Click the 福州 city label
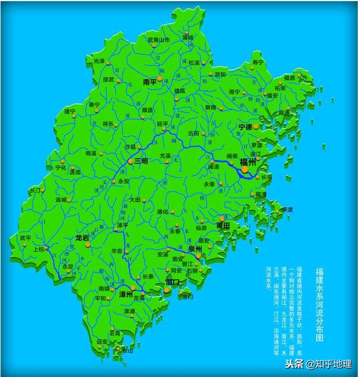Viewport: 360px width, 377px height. pos(247,162)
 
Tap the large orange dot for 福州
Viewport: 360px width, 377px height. pos(245,169)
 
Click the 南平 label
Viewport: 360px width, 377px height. pos(150,82)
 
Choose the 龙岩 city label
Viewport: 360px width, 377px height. pos(83,238)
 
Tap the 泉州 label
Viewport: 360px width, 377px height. pos(195,249)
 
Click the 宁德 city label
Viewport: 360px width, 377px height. pos(245,127)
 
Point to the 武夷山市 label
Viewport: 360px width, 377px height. pos(158,41)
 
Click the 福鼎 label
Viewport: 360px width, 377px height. pos(289,78)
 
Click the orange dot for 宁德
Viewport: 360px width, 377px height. pos(256,127)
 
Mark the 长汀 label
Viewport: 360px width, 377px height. pos(36,191)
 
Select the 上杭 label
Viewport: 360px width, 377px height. pos(39,249)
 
